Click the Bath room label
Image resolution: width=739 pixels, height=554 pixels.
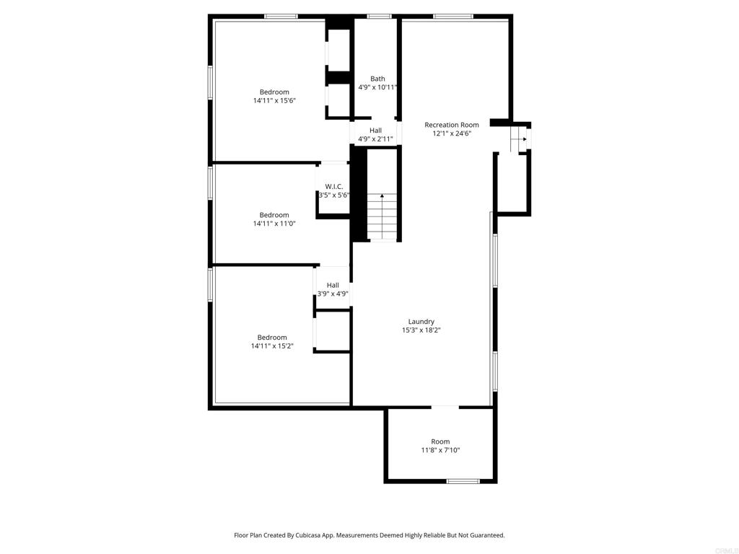377,79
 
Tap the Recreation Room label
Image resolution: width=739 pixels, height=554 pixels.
452,125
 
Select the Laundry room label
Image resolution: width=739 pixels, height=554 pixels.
421,322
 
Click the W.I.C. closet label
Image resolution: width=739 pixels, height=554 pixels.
334,187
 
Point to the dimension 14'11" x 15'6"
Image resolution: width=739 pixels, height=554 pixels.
274,100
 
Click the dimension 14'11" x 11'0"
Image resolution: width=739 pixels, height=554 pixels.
274,224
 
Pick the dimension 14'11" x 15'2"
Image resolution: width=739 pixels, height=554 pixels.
272,346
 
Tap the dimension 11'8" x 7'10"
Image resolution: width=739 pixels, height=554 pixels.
441,450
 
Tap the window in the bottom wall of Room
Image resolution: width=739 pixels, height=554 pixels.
463,481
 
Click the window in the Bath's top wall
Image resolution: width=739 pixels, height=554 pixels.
380,17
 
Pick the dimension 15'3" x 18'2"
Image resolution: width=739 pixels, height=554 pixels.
421,330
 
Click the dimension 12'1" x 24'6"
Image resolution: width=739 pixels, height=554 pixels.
452,133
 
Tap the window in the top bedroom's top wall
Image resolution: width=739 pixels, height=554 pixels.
281,17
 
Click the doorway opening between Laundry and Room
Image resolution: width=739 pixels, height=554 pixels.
445,407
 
